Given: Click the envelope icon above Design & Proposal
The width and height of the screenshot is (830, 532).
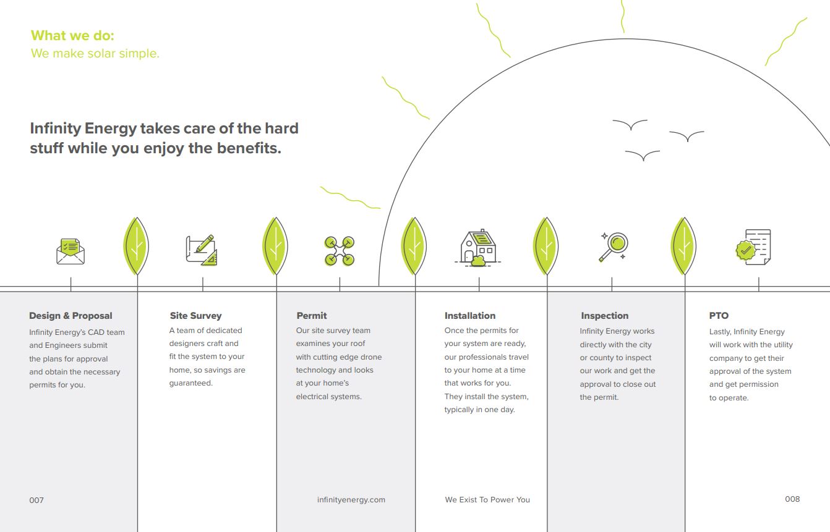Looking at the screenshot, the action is (71, 251).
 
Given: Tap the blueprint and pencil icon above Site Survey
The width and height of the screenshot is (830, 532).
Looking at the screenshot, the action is (202, 250).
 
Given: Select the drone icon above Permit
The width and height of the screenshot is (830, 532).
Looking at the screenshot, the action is (340, 251).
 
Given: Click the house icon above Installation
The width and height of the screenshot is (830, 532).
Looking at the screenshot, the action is (478, 248).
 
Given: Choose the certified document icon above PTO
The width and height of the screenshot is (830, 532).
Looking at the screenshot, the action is (753, 247).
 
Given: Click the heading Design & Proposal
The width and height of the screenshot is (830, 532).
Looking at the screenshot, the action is (71, 316).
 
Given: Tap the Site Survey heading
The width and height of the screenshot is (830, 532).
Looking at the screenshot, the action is (195, 316).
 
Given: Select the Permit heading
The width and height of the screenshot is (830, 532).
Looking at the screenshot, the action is (312, 316).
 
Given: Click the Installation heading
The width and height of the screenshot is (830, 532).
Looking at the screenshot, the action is (470, 316).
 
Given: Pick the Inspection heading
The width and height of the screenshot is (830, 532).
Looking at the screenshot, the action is (605, 316).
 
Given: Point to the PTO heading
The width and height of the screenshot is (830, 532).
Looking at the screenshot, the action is (719, 316).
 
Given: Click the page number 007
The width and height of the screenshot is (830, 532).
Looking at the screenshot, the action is (36, 500).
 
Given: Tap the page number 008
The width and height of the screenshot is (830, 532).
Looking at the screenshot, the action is (792, 499).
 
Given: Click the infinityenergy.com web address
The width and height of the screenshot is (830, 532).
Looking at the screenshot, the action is (351, 500).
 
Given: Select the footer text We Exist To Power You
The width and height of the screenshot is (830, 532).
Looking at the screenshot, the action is (487, 499).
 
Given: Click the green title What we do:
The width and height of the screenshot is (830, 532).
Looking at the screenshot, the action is (72, 36).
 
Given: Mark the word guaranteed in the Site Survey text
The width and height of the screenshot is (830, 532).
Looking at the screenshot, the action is (191, 383).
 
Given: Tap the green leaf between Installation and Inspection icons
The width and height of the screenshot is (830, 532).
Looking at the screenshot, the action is (545, 246).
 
